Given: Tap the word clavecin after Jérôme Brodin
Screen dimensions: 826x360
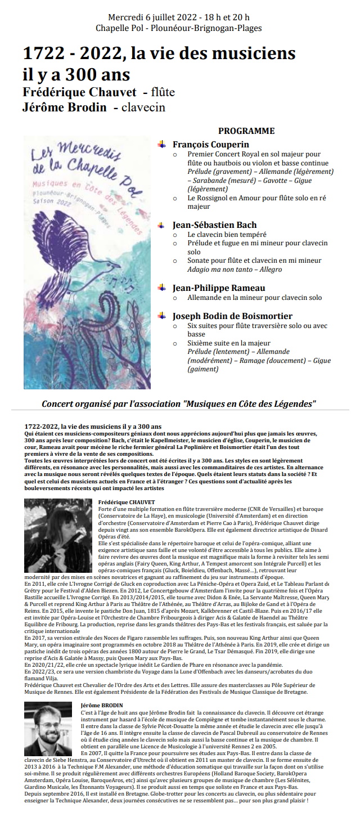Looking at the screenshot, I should (146, 107).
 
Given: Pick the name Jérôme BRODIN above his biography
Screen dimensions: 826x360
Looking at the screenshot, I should (102, 704).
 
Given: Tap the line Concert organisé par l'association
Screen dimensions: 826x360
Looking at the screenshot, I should (179, 404).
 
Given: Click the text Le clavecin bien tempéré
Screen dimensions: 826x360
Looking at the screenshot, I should (227, 235).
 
